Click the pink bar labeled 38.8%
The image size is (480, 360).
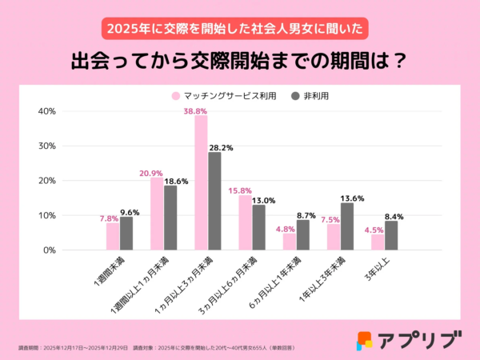pyautogui.click(x=201, y=182)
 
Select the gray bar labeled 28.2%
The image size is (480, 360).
pyautogui.click(x=214, y=201)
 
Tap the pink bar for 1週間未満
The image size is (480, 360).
pyautogui.click(x=113, y=236)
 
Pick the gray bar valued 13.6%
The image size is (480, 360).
pyautogui.click(x=346, y=226)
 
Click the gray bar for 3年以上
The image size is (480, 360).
pyautogui.click(x=390, y=235)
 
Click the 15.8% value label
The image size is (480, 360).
pyautogui.click(x=241, y=189)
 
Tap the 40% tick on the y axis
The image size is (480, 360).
pyautogui.click(x=46, y=111)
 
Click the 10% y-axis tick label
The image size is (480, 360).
pyautogui.click(x=46, y=215)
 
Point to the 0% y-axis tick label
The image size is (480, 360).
pyautogui.click(x=49, y=250)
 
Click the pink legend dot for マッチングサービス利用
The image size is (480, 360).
pyautogui.click(x=175, y=95)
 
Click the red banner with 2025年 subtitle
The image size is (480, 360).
pyautogui.click(x=239, y=26)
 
